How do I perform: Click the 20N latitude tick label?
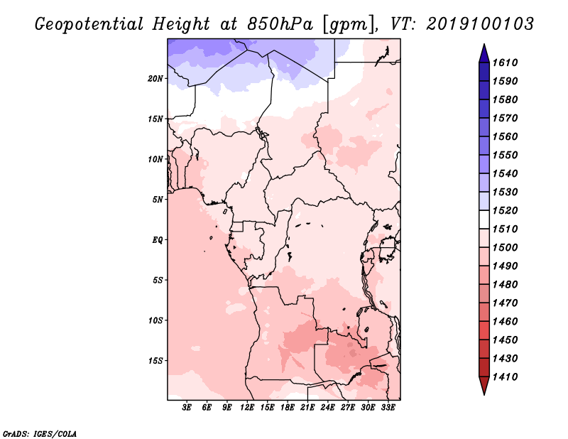[x=155, y=79]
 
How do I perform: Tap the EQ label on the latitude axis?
[x=158, y=240]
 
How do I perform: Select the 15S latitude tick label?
[x=155, y=361]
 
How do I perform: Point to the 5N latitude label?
[x=158, y=200]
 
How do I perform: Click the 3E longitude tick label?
[x=187, y=408]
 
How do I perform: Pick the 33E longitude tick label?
[x=388, y=408]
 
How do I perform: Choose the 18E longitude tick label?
[x=288, y=408]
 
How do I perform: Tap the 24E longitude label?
[x=327, y=408]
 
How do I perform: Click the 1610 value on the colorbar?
[x=505, y=63]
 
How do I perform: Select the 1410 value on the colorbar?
[x=505, y=377]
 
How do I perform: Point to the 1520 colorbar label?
[x=505, y=210]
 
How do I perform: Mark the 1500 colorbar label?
[x=505, y=248]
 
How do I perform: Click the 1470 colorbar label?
[x=505, y=303]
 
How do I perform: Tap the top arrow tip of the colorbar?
[x=484, y=44]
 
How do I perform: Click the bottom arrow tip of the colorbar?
[x=484, y=394]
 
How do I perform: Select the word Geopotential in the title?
[x=89, y=24]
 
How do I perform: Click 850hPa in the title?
[x=280, y=24]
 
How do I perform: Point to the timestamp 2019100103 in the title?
[x=480, y=24]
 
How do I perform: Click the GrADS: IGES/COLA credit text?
[x=40, y=434]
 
